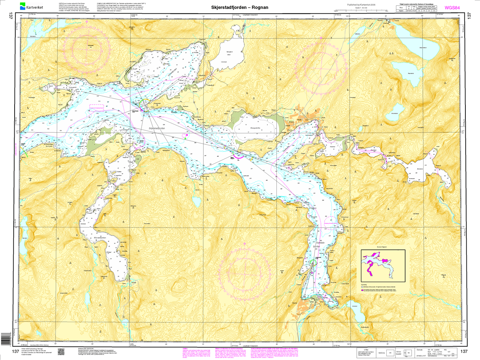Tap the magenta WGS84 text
[452, 8]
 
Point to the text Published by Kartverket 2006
[361, 5]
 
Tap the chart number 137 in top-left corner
[11, 16]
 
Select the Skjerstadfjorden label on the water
[157, 128]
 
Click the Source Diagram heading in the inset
[382, 247]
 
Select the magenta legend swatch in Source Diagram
[362, 290]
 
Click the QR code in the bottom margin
[61, 351]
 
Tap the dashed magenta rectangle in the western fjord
[97, 108]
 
